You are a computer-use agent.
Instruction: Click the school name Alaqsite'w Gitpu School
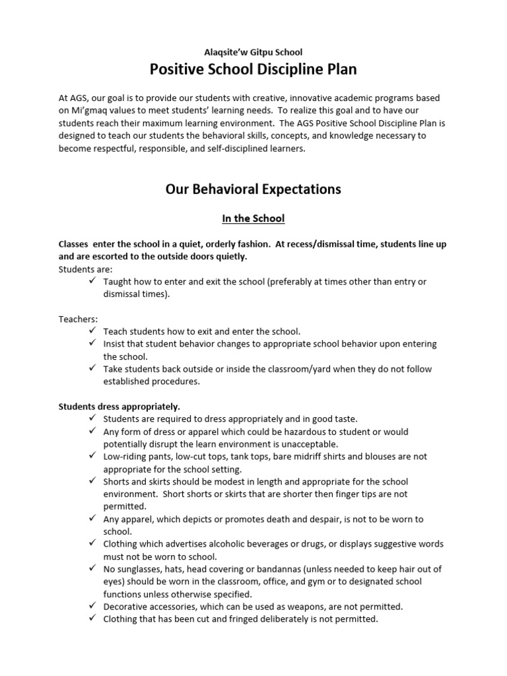[x=253, y=51]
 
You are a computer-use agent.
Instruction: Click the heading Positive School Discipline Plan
[x=253, y=69]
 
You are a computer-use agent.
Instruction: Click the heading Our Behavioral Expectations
[x=253, y=189]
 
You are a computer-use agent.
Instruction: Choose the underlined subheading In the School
[x=253, y=218]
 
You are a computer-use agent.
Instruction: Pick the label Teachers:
[x=78, y=319]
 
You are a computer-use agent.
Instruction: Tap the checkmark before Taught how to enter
[x=92, y=281]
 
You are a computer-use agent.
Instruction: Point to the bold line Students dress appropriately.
[x=119, y=406]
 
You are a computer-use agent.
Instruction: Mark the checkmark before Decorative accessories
[x=92, y=606]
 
